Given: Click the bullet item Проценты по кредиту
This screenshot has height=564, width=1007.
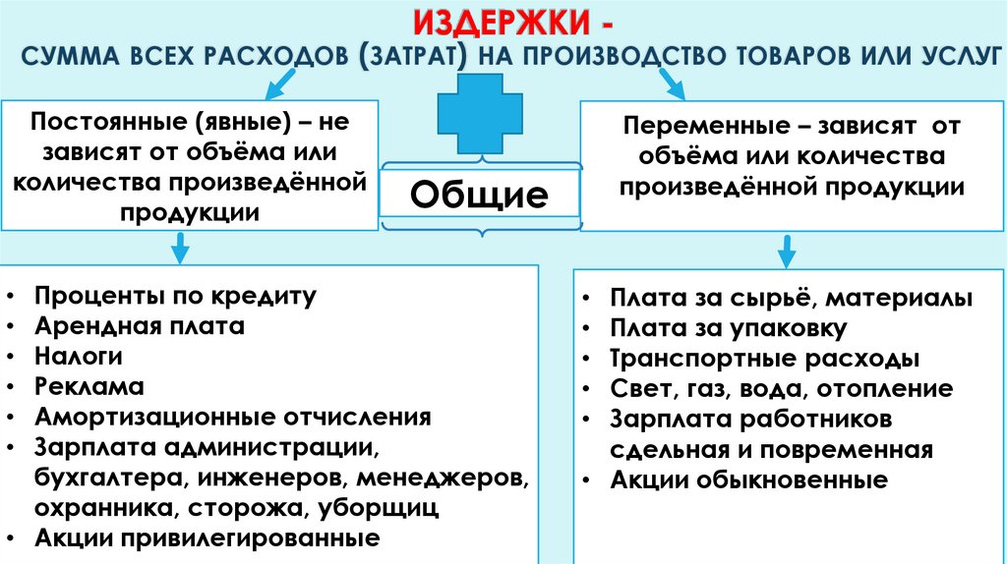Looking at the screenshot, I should [x=174, y=295].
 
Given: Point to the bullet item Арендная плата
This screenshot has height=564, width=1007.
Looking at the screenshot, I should [x=139, y=325].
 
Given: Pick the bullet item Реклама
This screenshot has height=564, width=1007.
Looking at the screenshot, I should [x=89, y=386].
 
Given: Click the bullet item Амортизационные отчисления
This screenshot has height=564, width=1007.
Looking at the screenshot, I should [x=232, y=417].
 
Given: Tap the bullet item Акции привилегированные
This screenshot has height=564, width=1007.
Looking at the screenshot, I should [x=207, y=538].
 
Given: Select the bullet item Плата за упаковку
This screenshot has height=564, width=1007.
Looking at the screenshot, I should [x=728, y=328].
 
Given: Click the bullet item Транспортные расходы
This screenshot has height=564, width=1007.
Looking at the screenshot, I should [x=764, y=359].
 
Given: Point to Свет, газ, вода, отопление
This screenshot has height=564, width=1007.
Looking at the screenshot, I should [x=781, y=389].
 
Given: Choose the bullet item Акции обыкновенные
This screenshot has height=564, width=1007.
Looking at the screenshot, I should [x=748, y=480].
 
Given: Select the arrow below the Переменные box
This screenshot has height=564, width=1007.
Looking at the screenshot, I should [x=787, y=251].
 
